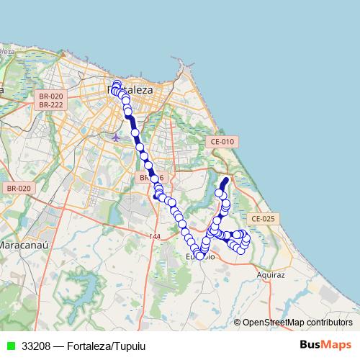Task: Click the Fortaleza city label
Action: (x=130, y=90)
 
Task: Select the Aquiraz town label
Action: (x=271, y=274)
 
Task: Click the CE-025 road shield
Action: (x=263, y=218)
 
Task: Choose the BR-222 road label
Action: (x=51, y=105)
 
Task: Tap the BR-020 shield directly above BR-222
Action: (x=51, y=96)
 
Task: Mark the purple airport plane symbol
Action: (x=116, y=135)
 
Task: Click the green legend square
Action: (x=10, y=346)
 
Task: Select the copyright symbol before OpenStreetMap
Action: (x=238, y=323)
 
